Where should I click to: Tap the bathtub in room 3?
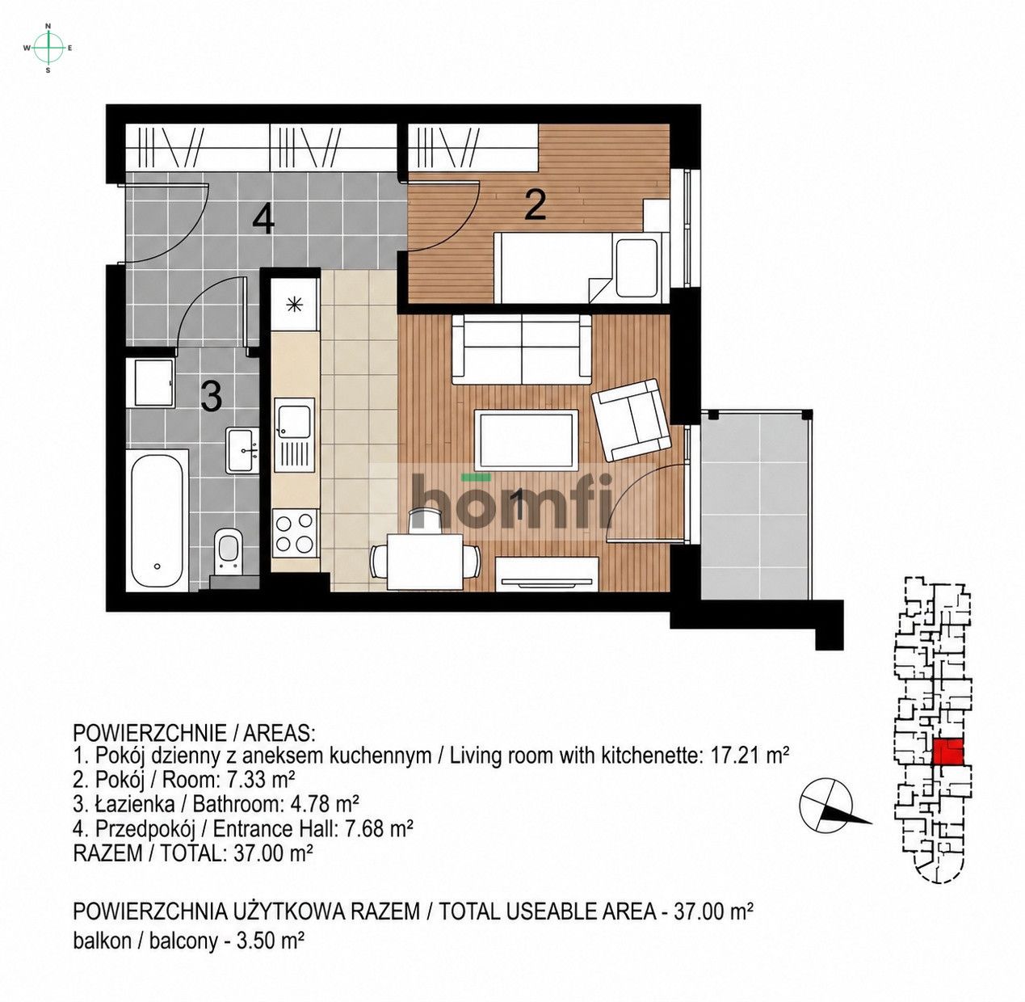[157, 520]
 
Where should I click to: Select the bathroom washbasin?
[242, 450]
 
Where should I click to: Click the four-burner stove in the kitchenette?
[295, 533]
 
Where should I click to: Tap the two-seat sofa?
[522, 349]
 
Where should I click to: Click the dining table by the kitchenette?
[425, 562]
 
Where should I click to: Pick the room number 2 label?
[535, 206]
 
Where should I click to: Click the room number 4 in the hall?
[263, 220]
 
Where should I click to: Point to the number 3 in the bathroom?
[211, 396]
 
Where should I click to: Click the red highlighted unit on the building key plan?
[947, 751]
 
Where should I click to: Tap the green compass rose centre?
[48, 48]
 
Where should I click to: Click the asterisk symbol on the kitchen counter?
[294, 305]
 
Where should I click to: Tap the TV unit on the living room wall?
[547, 575]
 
